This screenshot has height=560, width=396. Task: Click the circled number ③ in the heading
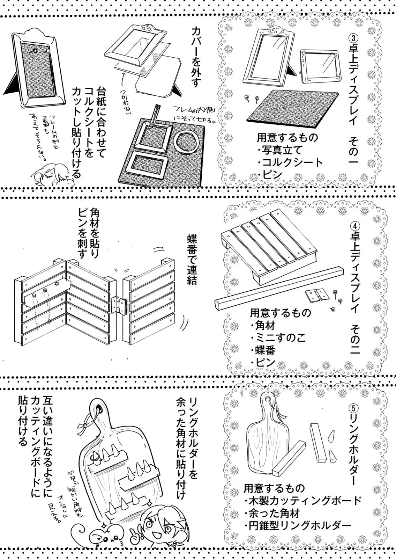(x=354, y=37)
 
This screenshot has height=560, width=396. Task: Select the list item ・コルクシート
(x=290, y=162)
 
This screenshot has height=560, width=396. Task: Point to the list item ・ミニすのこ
(x=278, y=338)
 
